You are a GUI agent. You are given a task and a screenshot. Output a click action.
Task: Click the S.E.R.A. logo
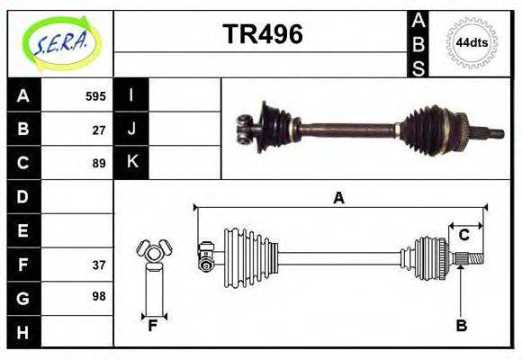59,41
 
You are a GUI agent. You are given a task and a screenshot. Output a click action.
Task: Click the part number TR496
262,34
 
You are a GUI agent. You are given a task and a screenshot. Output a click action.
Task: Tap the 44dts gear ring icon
472,42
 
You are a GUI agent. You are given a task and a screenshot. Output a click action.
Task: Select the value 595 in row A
95,95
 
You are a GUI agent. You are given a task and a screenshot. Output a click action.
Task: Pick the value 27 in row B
99,129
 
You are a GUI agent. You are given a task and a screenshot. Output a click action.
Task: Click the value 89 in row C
99,163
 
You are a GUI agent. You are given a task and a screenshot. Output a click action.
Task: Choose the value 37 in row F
99,265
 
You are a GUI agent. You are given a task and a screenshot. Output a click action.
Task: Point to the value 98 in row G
99,295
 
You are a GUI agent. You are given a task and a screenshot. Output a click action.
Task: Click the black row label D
23,196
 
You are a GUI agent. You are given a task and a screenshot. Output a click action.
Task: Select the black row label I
131,95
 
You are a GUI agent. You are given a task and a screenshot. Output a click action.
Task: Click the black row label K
131,163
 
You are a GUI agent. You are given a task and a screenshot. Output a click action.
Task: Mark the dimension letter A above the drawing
338,198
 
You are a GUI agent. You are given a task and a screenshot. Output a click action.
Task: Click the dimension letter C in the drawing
464,235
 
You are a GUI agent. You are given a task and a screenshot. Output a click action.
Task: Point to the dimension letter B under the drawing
461,326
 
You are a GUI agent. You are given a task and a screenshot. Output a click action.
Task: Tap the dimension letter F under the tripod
153,326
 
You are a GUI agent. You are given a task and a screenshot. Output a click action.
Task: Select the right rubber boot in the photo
429,129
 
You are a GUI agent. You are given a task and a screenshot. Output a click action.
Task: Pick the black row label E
23,230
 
